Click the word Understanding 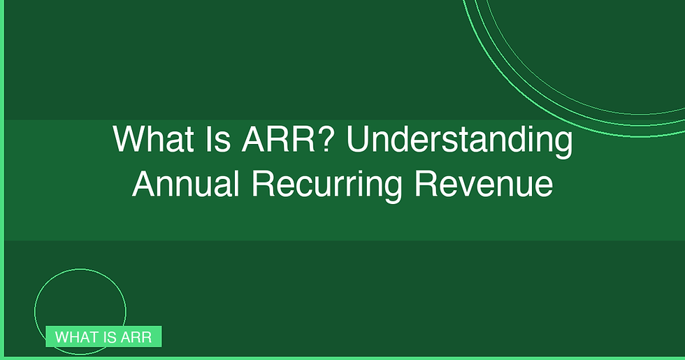459,141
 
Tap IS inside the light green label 108,337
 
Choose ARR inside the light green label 136,337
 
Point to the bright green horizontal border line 349,358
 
